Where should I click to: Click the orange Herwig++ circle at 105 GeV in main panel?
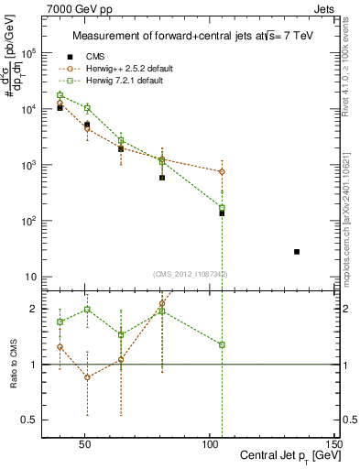click(222, 171)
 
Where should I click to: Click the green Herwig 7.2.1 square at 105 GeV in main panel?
click(222, 208)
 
